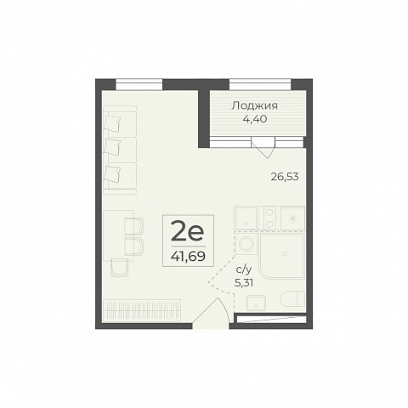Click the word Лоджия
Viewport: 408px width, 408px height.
(x=254, y=106)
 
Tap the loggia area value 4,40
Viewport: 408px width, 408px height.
(x=255, y=119)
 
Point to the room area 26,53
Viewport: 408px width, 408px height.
(x=285, y=177)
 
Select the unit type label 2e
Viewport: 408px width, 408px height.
(x=188, y=232)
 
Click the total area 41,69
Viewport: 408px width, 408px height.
(x=188, y=257)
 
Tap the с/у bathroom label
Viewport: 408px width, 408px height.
(x=244, y=270)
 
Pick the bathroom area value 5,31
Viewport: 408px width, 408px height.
(x=244, y=283)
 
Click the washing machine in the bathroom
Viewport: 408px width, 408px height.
(x=246, y=244)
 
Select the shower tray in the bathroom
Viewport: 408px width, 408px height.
(x=281, y=255)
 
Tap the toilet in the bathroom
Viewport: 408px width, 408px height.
(x=292, y=298)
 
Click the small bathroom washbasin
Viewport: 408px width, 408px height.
(x=256, y=303)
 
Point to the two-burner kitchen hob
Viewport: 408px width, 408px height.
(x=269, y=218)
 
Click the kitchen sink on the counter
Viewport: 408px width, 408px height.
(x=246, y=218)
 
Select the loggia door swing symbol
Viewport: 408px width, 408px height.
(x=263, y=147)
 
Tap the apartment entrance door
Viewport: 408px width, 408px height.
(x=211, y=313)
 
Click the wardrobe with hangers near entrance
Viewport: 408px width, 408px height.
(x=142, y=310)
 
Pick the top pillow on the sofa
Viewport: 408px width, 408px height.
(x=112, y=122)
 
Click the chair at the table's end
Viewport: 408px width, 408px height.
(x=120, y=267)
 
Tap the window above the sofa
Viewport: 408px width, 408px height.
(x=139, y=85)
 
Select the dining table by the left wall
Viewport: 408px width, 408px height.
(x=118, y=235)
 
